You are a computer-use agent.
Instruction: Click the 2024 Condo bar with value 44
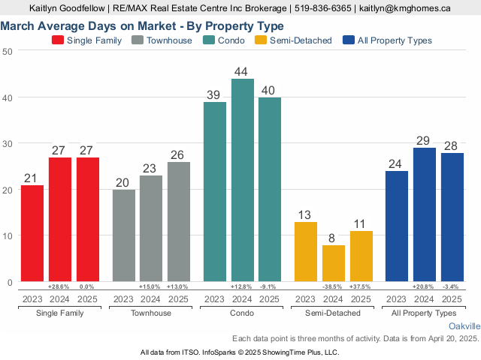(x=243, y=180)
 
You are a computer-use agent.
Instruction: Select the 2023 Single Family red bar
(x=32, y=233)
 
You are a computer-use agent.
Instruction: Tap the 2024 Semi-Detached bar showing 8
(x=334, y=263)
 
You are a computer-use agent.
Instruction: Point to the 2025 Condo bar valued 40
(x=270, y=190)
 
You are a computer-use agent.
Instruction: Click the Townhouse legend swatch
(x=138, y=40)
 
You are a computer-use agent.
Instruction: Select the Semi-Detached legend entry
(x=294, y=40)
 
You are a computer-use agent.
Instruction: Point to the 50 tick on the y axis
(x=7, y=51)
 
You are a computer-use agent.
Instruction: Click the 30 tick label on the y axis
(x=7, y=143)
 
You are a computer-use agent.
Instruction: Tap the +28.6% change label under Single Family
(x=59, y=287)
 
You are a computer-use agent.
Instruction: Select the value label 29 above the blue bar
(x=424, y=141)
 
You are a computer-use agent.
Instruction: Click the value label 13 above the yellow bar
(x=306, y=215)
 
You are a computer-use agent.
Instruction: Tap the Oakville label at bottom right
(x=464, y=327)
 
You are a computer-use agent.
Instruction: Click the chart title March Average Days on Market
(x=142, y=26)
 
